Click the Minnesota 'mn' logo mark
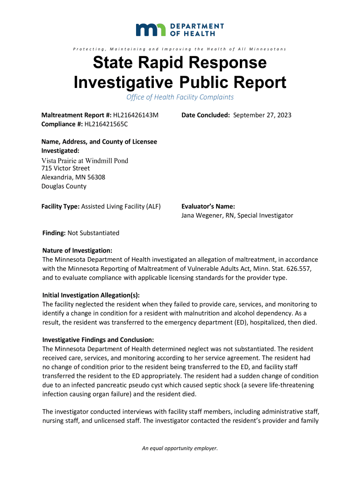tap(151, 29)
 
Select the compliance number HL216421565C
tap(106, 124)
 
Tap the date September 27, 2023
tap(262, 115)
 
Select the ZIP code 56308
tap(95, 177)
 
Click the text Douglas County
tap(64, 186)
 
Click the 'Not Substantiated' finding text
tap(94, 233)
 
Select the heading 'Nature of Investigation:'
tap(77, 251)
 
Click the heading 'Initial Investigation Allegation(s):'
tap(91, 295)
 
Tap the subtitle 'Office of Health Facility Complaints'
tap(180, 97)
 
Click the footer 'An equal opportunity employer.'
tap(180, 448)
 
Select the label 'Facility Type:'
tap(60, 206)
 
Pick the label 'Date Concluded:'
tap(206, 115)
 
